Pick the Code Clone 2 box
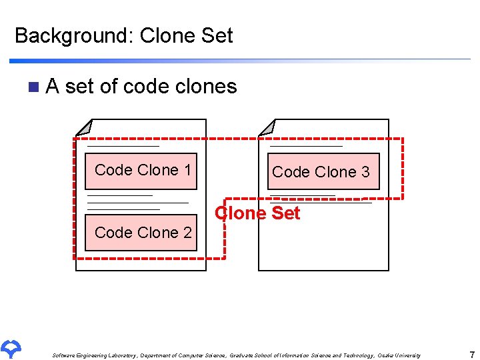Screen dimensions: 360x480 141,233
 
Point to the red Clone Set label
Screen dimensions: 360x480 257,213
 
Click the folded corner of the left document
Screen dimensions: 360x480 85,127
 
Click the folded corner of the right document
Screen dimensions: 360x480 267,127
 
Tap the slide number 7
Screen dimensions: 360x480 472,355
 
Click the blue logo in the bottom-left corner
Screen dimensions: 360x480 12,348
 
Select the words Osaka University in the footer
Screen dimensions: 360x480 399,356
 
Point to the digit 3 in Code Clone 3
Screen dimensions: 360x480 365,172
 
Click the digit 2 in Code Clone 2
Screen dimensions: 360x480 187,233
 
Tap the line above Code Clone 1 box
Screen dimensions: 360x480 123,145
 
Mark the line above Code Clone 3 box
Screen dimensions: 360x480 306,145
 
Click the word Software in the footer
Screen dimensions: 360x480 64,356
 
